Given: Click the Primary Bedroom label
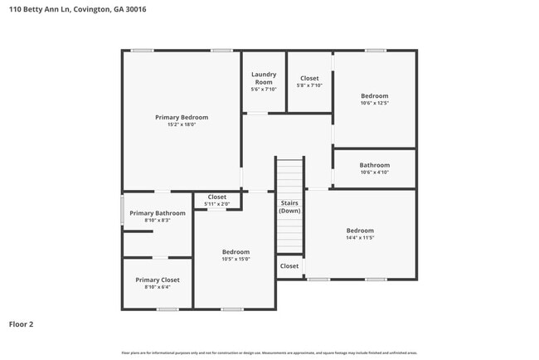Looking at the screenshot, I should pyautogui.click(x=182, y=117).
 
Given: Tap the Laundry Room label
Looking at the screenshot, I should pyautogui.click(x=264, y=78).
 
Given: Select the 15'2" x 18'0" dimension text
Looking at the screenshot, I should pyautogui.click(x=182, y=125).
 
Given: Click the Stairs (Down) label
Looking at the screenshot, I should pyautogui.click(x=289, y=207).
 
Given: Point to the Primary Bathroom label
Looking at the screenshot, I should pyautogui.click(x=158, y=213).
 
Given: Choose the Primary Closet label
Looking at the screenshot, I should pyautogui.click(x=158, y=280).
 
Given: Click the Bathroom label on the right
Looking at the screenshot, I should pyautogui.click(x=374, y=165).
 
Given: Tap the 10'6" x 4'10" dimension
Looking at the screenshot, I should pyautogui.click(x=374, y=173).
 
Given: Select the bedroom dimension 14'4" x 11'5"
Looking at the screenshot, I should pyautogui.click(x=360, y=238).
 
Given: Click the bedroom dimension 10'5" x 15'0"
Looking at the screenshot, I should pyautogui.click(x=236, y=259).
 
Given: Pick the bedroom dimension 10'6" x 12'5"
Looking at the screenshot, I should pyautogui.click(x=374, y=104).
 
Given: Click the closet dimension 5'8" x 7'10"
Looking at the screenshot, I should pyautogui.click(x=309, y=85).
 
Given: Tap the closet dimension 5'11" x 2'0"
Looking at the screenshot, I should pyautogui.click(x=216, y=204).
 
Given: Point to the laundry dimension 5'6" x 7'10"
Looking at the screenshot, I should pyautogui.click(x=264, y=90).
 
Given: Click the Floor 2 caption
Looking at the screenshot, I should pyautogui.click(x=21, y=324).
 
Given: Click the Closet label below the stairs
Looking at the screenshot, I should pyautogui.click(x=289, y=266).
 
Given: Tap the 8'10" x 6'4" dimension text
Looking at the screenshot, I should pyautogui.click(x=158, y=288).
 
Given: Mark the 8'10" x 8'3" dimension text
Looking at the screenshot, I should pyautogui.click(x=158, y=221).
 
